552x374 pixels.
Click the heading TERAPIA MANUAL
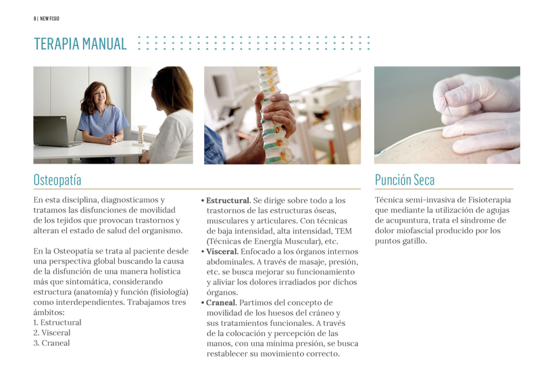tap(80, 45)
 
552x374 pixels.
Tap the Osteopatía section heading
tap(57, 180)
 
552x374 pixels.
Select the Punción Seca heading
tap(405, 180)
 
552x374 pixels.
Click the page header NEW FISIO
tap(49, 18)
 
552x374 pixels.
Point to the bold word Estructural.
tap(228, 201)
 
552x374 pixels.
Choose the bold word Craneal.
tap(221, 303)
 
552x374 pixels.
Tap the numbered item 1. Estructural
tap(57, 323)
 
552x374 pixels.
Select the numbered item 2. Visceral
tap(52, 333)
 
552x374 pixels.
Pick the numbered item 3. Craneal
tap(51, 343)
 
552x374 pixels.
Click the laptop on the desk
tap(55, 131)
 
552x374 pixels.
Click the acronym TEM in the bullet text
tap(343, 231)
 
